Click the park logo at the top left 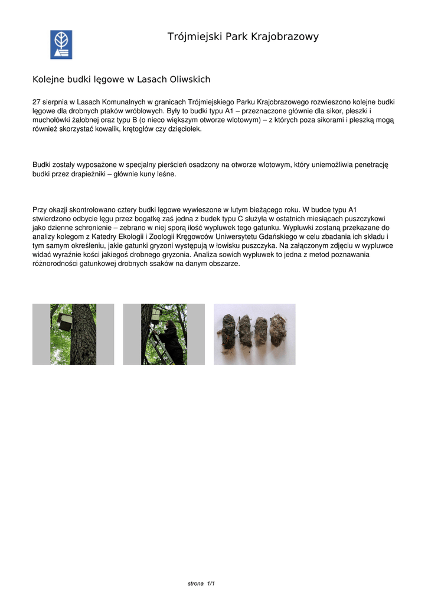61,45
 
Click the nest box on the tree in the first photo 64,322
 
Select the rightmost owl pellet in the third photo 278,330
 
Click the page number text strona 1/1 201,583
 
